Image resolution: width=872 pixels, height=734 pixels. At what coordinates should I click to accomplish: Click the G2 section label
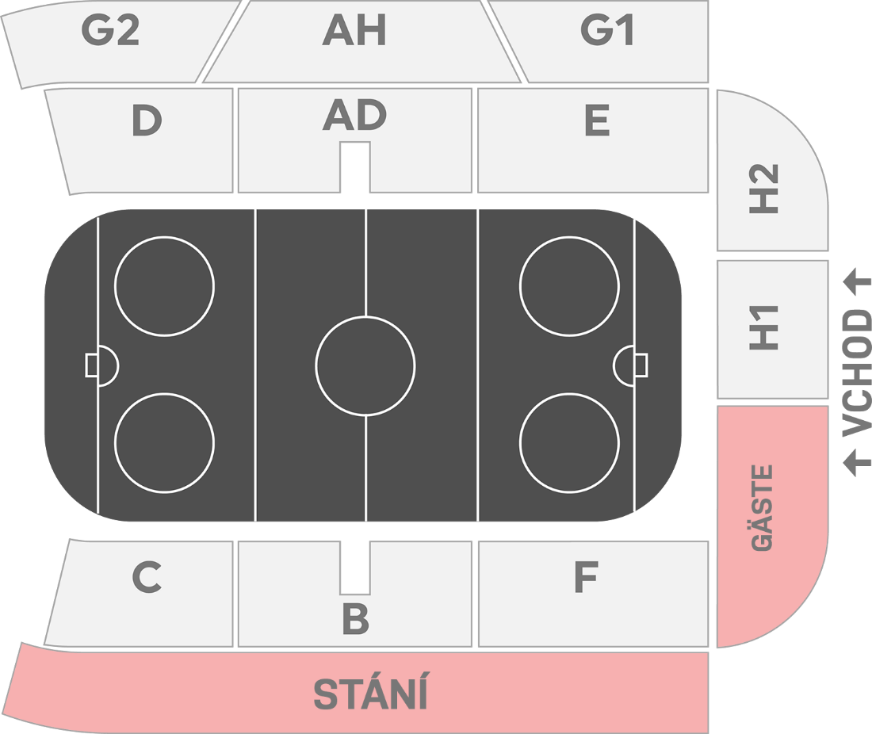tap(110, 30)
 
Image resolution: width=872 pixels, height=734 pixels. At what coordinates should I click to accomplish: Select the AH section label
tap(354, 30)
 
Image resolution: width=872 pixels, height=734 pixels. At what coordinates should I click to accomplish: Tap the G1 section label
tap(607, 30)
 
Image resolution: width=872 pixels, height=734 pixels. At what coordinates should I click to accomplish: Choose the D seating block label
tap(147, 121)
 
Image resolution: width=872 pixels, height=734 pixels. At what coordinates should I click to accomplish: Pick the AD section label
tap(354, 117)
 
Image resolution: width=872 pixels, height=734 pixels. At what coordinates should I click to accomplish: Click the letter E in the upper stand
tap(596, 121)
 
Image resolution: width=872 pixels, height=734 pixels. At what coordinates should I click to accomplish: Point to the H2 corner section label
tap(765, 188)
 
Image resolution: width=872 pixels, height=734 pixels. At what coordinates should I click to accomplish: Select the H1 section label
tap(765, 327)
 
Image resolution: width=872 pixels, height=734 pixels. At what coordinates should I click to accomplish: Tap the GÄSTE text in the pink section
tap(763, 507)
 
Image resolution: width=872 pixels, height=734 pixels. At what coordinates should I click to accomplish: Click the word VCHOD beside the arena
tap(856, 373)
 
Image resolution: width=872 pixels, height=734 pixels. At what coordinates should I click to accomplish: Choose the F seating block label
tap(585, 578)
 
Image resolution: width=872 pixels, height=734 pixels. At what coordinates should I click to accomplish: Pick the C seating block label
tap(147, 578)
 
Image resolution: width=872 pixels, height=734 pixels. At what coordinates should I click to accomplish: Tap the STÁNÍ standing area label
tap(370, 694)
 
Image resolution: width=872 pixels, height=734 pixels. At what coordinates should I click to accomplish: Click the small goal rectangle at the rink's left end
tap(91, 365)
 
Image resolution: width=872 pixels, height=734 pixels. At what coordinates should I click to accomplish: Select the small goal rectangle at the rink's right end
tap(641, 365)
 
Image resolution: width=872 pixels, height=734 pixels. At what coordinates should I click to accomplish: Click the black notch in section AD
tap(355, 166)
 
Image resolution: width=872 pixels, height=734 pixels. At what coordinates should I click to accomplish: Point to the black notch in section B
tap(355, 568)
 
